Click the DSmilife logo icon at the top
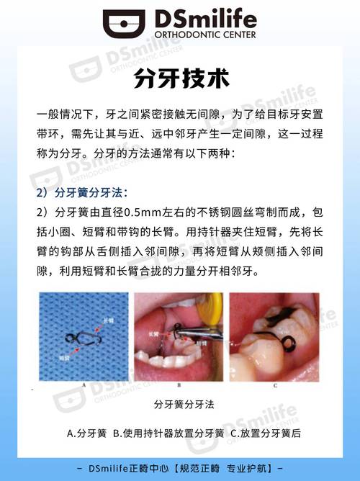(123, 24)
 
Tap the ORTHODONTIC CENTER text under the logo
(203, 36)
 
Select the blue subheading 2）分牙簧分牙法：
(81, 194)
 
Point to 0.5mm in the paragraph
(144, 213)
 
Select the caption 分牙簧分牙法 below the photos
(180, 407)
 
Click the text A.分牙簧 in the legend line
(86, 433)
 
